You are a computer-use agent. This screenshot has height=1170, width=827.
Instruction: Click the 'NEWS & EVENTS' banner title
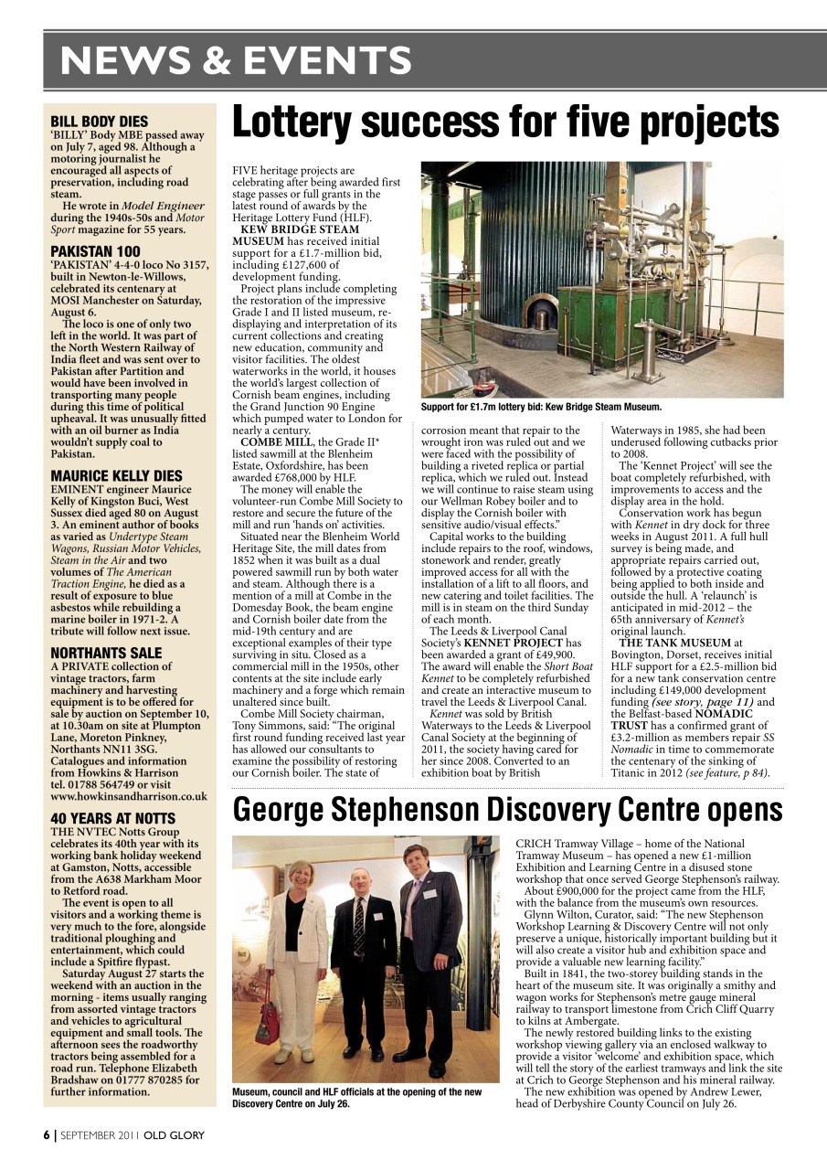(x=236, y=60)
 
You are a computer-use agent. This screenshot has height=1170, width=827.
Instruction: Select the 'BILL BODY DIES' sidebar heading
(x=99, y=121)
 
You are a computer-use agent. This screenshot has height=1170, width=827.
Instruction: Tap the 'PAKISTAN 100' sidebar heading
(x=95, y=250)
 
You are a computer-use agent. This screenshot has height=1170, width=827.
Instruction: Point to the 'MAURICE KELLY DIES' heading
(x=116, y=475)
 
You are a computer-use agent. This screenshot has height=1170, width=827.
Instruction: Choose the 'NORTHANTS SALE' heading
(x=106, y=653)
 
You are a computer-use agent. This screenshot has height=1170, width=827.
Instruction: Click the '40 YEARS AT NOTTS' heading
(x=112, y=818)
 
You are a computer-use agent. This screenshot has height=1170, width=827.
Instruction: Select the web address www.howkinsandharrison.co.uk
(x=129, y=796)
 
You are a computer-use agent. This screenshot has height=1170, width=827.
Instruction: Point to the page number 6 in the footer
(x=47, y=1135)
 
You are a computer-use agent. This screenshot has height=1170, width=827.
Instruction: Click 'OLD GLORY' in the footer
(x=174, y=1135)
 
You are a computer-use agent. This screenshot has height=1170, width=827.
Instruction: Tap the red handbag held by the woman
(x=267, y=1024)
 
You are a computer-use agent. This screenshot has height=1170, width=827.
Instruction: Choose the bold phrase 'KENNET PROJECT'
(x=518, y=643)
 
